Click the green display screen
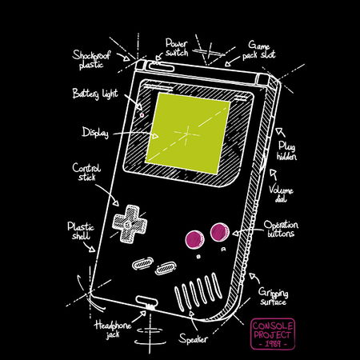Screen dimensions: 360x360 [x=187, y=133]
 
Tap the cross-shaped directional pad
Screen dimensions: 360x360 [x=130, y=223]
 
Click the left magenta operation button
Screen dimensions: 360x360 [x=194, y=239]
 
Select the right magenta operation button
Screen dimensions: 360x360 [x=220, y=232]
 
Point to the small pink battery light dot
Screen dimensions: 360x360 [x=142, y=115]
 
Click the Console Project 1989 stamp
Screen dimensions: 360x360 [x=273, y=334]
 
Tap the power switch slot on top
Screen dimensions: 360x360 [x=162, y=66]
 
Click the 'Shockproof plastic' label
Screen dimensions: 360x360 [x=91, y=60]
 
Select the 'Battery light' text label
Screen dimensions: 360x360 [x=95, y=94]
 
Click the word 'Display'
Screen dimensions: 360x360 [x=95, y=133]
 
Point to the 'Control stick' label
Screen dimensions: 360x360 [x=86, y=172]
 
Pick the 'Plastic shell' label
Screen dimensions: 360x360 [x=81, y=231]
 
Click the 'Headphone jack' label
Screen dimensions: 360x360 [x=113, y=330]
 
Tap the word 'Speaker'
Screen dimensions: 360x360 [x=193, y=338]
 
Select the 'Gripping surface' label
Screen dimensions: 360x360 [x=273, y=297]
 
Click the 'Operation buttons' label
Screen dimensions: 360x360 [x=281, y=229]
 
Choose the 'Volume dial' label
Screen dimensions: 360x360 [x=281, y=194]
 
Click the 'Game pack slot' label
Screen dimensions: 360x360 [x=258, y=50]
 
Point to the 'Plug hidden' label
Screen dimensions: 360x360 [x=286, y=150]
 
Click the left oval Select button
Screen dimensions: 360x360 [x=142, y=263]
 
